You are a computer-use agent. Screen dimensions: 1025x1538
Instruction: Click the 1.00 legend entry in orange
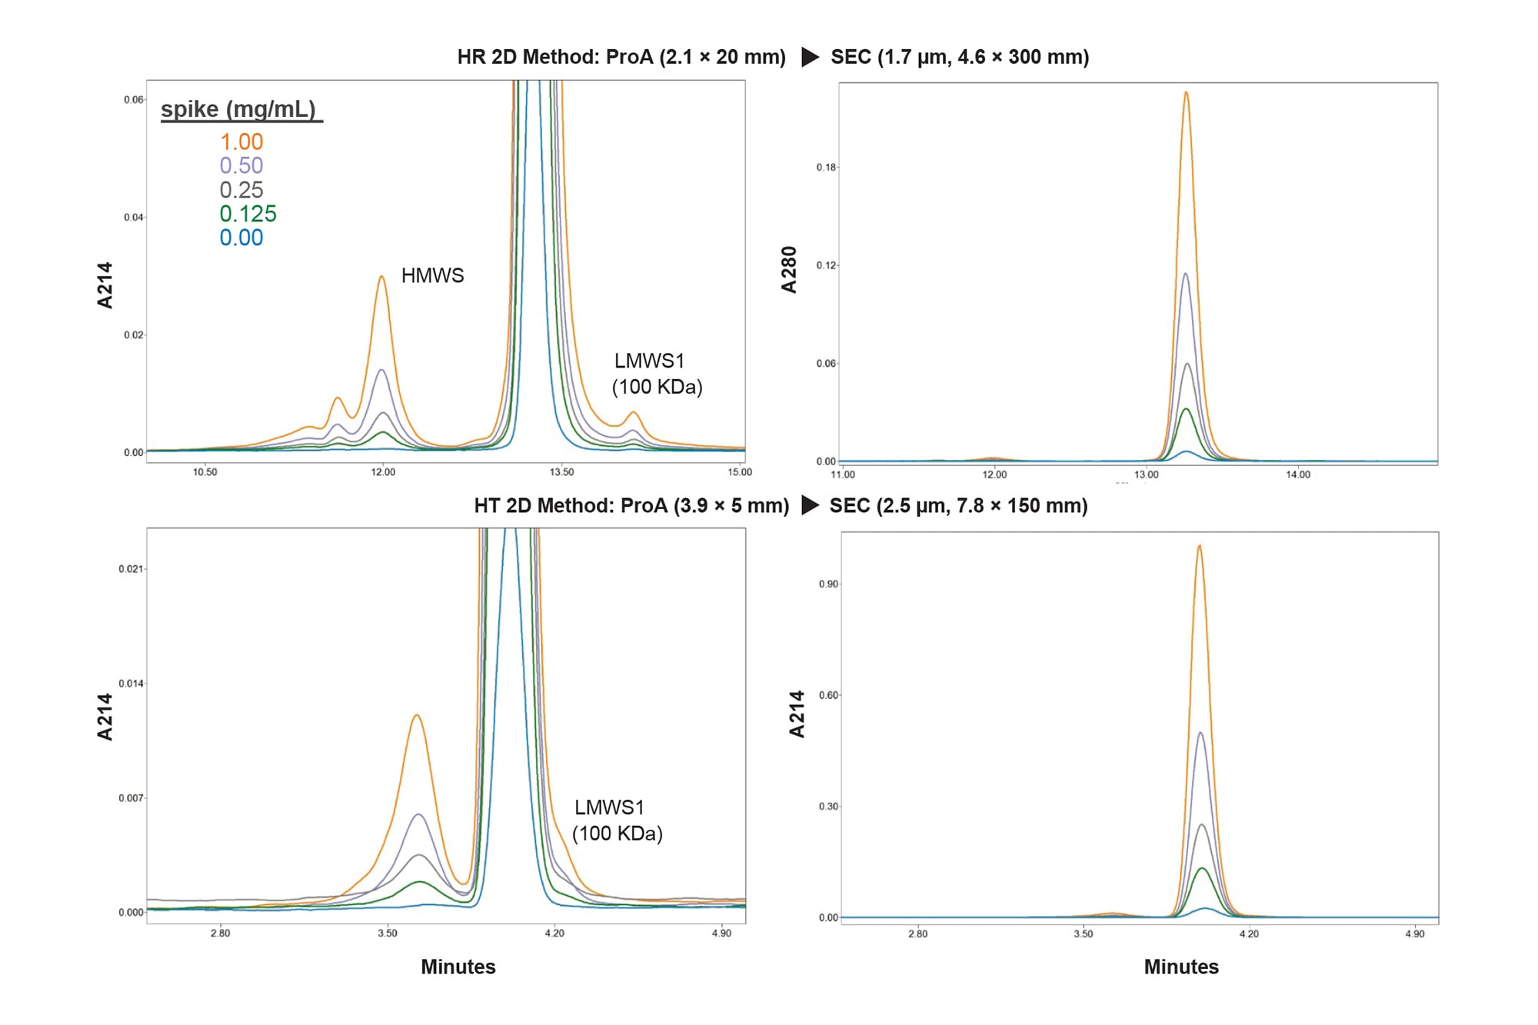241,141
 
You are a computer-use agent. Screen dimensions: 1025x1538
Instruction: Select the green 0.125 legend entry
248,214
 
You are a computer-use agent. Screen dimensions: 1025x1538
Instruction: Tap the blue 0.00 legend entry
241,238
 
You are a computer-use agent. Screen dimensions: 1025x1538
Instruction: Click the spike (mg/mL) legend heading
239,109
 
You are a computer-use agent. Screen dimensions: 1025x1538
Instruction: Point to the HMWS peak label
432,275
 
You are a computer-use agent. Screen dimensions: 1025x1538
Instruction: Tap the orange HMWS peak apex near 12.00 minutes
381,277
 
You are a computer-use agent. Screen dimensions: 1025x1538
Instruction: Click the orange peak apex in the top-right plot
1186,93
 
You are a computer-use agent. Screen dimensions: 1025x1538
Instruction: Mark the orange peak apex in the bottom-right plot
1199,546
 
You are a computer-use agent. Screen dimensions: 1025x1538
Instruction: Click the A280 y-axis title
789,270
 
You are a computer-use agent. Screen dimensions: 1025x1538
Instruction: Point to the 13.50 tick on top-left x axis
561,472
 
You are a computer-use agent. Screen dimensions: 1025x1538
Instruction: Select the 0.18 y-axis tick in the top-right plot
826,167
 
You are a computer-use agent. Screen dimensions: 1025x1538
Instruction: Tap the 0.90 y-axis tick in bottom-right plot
828,584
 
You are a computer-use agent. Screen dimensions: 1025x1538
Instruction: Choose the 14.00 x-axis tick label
1298,474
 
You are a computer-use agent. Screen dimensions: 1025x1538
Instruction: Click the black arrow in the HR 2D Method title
810,57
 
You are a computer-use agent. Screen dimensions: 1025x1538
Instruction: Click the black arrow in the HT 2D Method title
810,505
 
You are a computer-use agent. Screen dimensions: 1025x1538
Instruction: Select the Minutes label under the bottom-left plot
458,967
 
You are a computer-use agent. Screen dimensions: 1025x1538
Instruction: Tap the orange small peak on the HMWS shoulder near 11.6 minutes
337,398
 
